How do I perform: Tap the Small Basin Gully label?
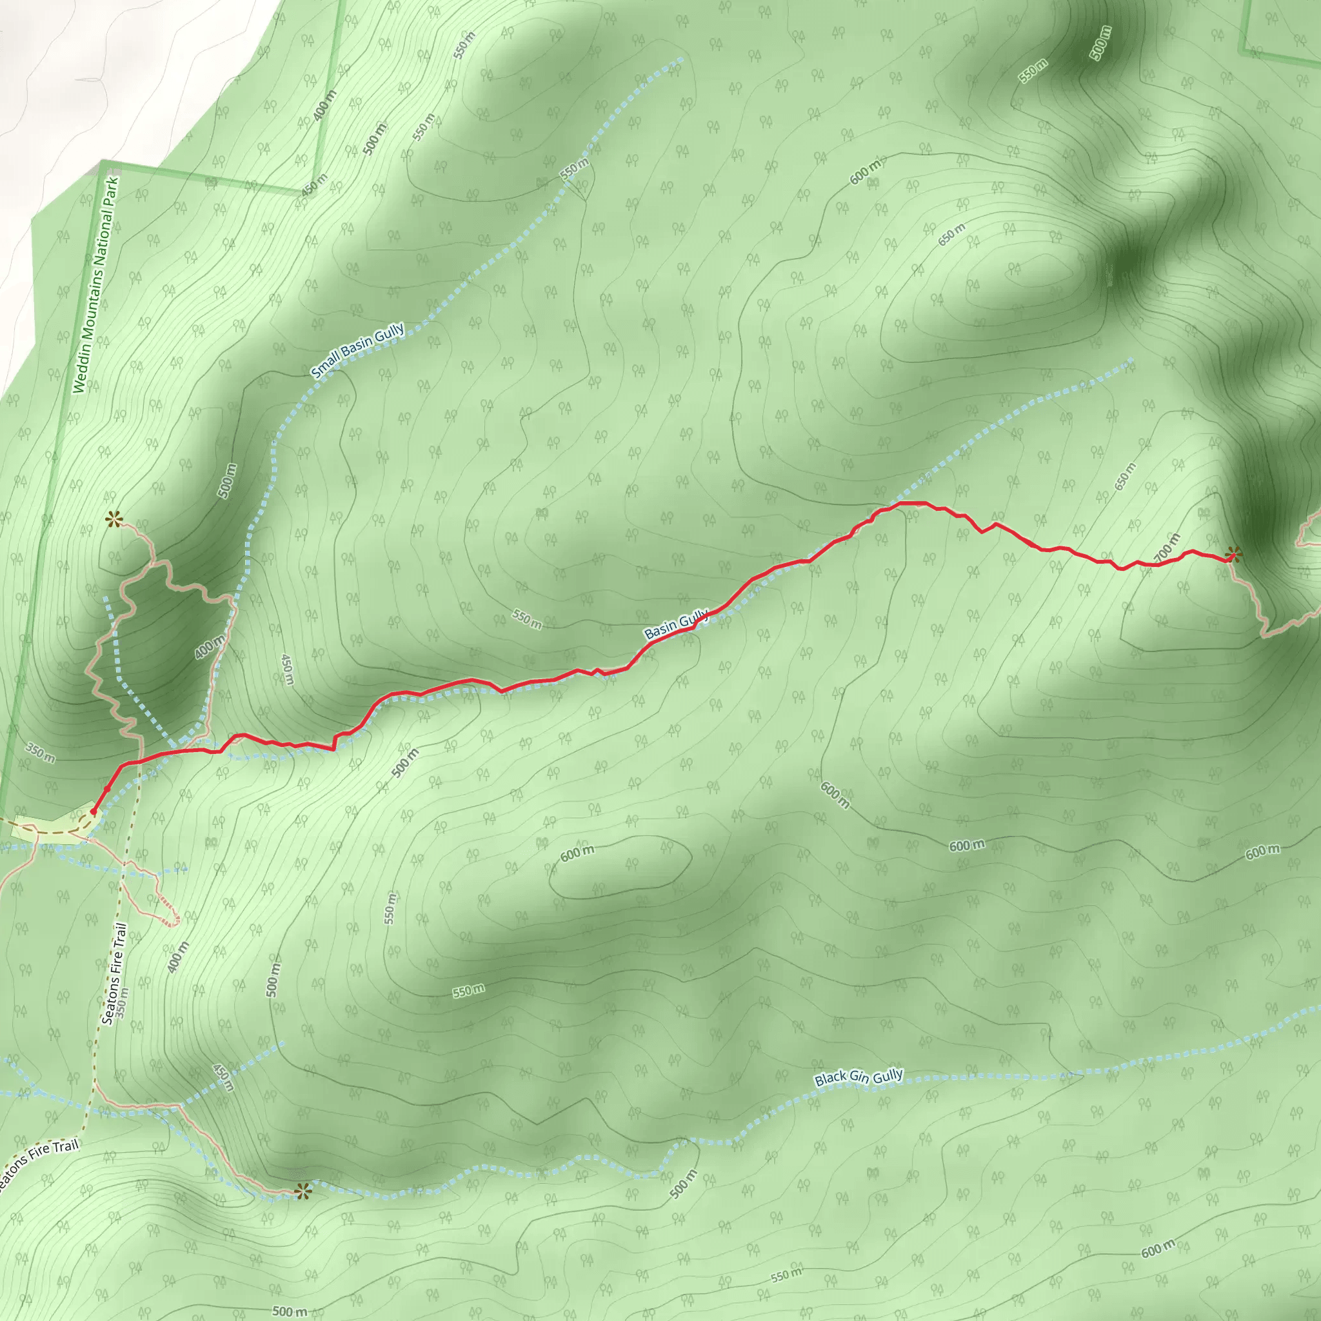tap(357, 352)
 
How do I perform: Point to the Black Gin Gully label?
tap(859, 1078)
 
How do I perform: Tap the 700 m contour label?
tap(1167, 548)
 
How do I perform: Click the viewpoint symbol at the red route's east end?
tap(1233, 554)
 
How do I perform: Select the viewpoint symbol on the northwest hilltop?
tap(114, 520)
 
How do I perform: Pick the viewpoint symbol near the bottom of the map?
tap(303, 1191)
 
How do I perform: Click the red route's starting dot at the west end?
tap(94, 811)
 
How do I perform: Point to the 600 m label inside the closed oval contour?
tap(577, 853)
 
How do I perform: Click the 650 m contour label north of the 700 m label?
tap(1125, 477)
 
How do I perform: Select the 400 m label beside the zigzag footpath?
tap(209, 647)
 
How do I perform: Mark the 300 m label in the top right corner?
tap(1100, 43)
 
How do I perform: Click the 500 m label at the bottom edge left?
tap(290, 1311)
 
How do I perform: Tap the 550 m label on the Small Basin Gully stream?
tap(574, 169)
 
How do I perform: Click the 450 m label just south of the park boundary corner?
tap(315, 184)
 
